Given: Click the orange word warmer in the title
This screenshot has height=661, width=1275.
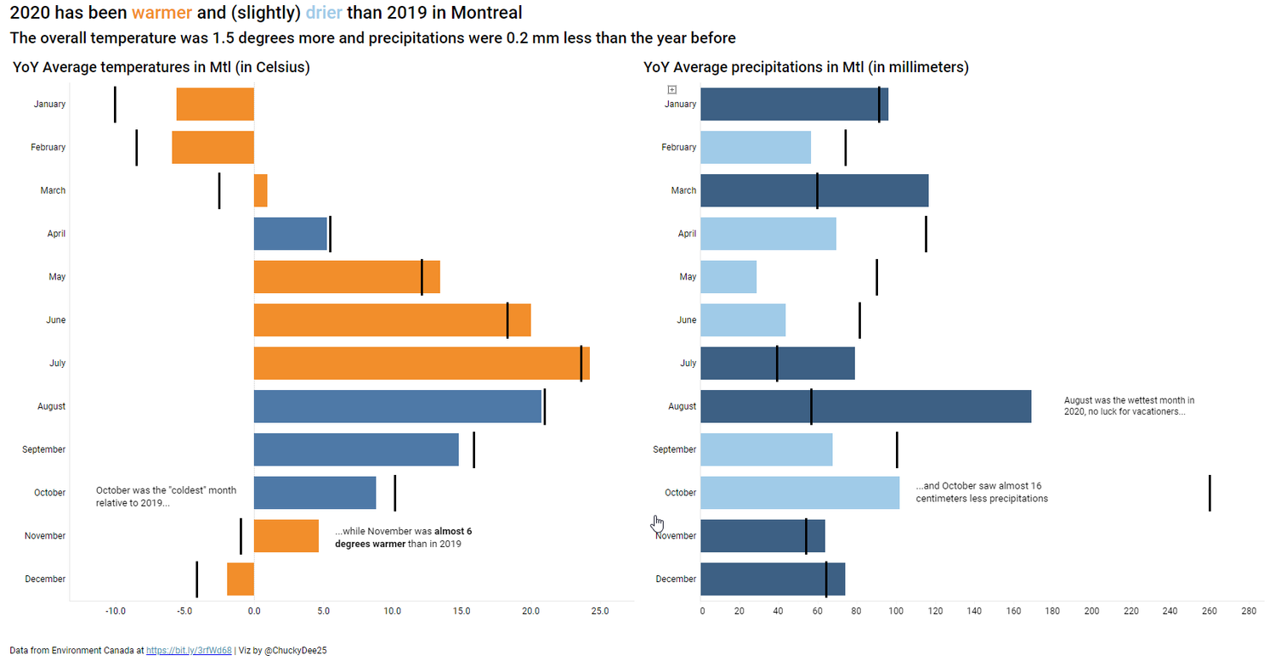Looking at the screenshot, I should (x=161, y=13).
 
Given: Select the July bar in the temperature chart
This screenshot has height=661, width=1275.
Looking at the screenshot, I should (x=421, y=364).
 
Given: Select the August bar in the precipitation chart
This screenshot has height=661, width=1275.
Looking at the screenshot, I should (x=864, y=407).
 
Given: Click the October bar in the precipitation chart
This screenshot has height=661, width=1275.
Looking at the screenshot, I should (x=799, y=493).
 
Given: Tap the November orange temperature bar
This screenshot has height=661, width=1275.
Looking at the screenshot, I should (x=286, y=536).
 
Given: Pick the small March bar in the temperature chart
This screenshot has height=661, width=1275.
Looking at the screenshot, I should (x=261, y=190).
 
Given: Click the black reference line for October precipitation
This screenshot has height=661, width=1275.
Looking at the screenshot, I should (x=1209, y=493).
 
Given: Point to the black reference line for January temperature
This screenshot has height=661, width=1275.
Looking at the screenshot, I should (x=115, y=104).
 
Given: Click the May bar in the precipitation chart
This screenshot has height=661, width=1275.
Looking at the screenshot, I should (x=728, y=277).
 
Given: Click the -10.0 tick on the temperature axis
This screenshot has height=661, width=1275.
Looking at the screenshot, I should (x=116, y=611).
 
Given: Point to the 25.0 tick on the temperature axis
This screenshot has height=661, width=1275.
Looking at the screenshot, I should (x=600, y=611).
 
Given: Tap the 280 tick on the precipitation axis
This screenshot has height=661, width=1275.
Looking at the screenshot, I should (x=1248, y=611).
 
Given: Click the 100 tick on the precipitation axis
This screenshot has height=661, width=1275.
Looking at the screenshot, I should (x=897, y=611).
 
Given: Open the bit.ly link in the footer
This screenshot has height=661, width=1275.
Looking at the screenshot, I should (x=189, y=650).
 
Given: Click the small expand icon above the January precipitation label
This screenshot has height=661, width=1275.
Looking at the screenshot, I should (x=671, y=89).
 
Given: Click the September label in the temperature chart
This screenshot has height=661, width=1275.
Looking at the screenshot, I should (x=43, y=449).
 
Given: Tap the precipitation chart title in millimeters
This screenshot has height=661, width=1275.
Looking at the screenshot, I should (x=806, y=67).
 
